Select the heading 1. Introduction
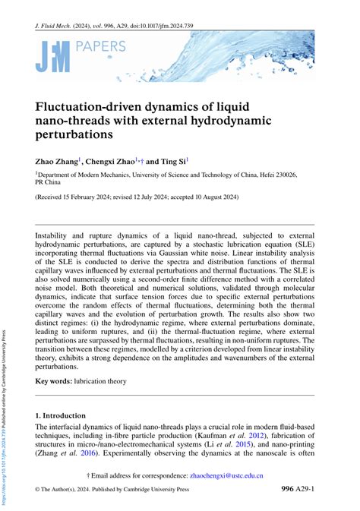click(65, 416)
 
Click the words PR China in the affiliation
click(52, 182)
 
